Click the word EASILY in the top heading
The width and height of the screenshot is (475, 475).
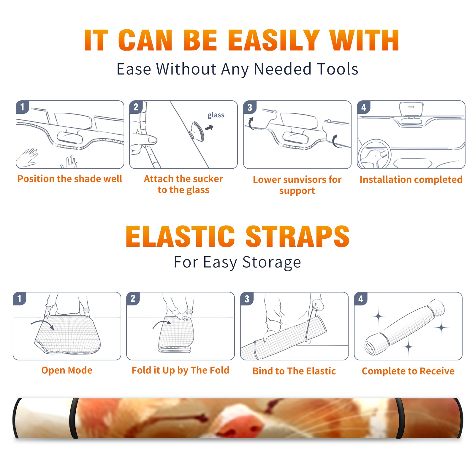point(274,40)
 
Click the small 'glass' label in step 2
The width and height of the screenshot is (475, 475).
point(216,115)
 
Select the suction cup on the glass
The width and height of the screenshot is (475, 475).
point(197,131)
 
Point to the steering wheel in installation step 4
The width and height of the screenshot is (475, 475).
point(374,154)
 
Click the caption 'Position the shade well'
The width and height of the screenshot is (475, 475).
point(70,179)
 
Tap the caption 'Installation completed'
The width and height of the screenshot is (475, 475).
point(411,180)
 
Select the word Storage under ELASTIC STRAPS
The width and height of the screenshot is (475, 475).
point(272,262)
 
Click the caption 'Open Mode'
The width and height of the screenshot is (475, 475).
point(67,370)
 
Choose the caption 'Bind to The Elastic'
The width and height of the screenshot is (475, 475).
point(294,371)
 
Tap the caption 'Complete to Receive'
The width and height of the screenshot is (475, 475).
point(408,371)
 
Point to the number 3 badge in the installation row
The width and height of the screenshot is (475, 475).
point(250,107)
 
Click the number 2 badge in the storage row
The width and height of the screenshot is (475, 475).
point(133,299)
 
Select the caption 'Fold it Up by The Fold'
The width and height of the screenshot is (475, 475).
point(180,370)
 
